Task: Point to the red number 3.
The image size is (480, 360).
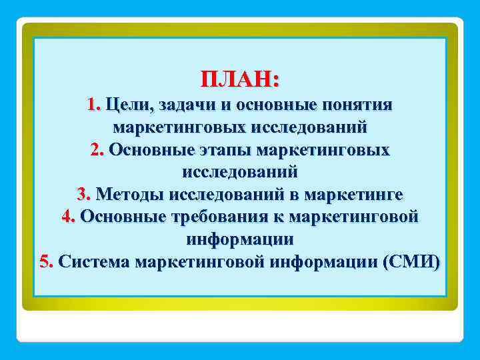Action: pos(83,194)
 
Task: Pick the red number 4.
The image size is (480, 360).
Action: pos(68,216)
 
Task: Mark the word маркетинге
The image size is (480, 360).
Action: pos(353,194)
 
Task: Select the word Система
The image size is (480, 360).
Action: pos(94,261)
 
